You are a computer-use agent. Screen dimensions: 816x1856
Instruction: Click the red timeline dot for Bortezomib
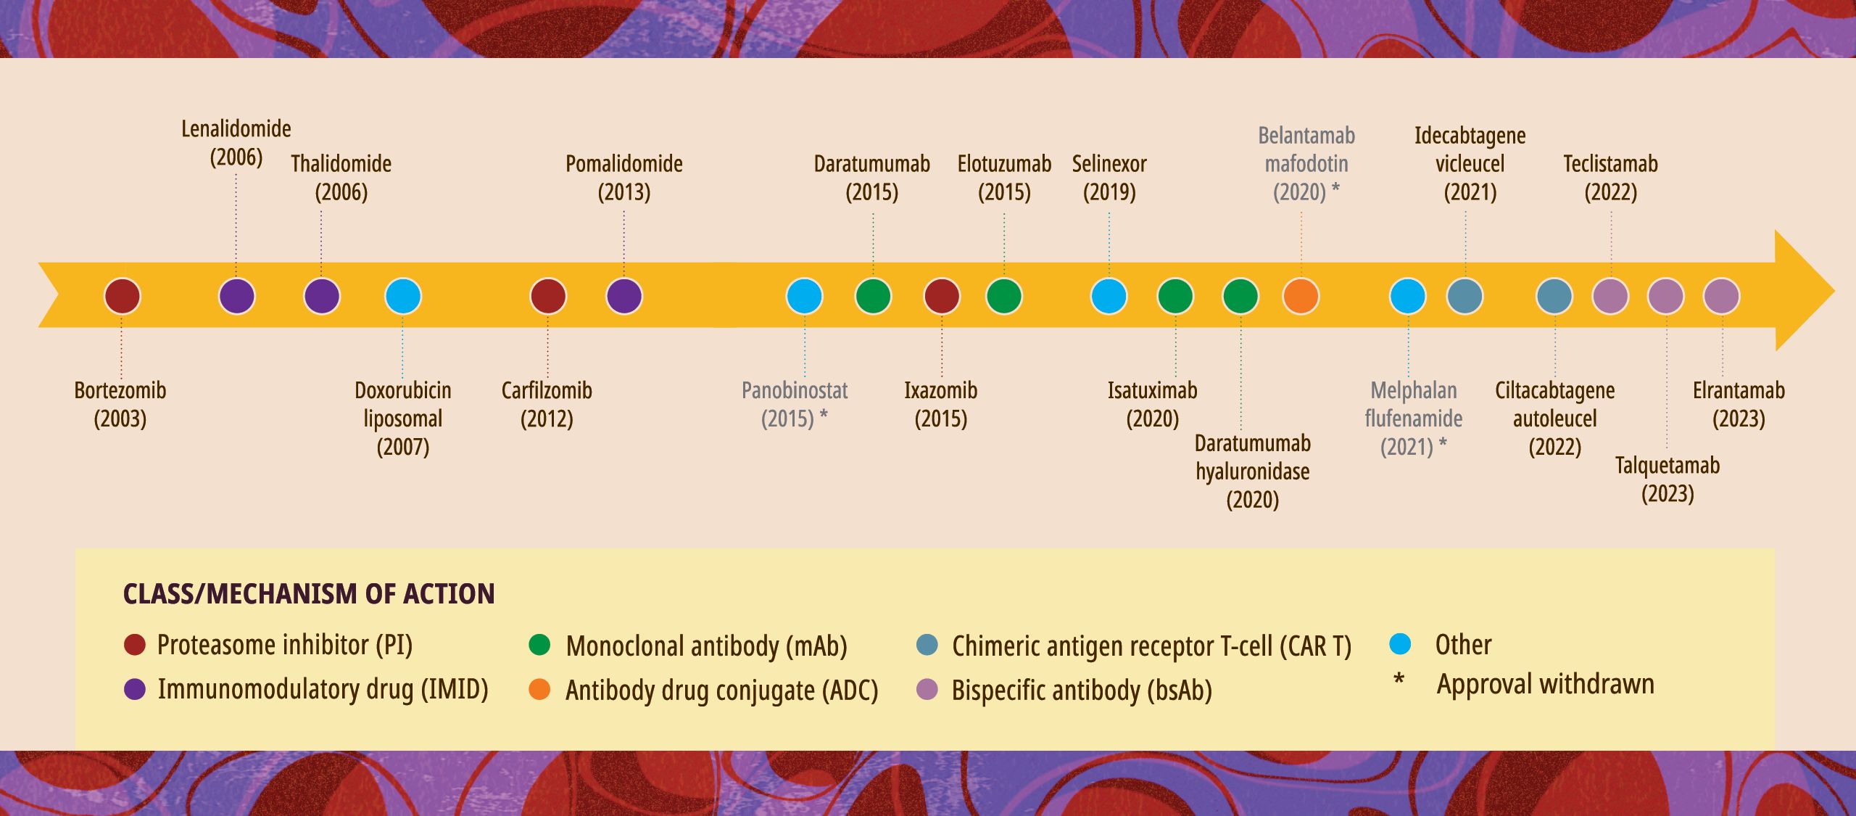point(122,296)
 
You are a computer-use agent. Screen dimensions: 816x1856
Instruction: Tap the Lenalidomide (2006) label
point(236,143)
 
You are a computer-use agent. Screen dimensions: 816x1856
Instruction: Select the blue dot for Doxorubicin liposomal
point(403,296)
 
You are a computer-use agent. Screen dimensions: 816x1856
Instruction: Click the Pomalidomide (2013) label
point(624,178)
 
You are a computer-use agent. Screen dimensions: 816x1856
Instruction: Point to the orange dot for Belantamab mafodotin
point(1301,296)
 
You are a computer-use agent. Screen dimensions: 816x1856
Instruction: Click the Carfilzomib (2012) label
point(547,404)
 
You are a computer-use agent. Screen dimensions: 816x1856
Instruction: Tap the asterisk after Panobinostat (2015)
point(824,416)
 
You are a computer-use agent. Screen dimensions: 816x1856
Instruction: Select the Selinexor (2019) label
point(1109,178)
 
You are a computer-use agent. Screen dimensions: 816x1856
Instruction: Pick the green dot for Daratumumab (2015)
point(873,296)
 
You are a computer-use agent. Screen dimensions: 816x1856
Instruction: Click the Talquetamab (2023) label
point(1667,479)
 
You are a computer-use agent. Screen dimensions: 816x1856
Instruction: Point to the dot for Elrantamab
point(1721,296)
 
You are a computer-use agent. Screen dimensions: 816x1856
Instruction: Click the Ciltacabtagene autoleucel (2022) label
point(1554,419)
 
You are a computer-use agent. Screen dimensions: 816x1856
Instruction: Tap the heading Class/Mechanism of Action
point(309,594)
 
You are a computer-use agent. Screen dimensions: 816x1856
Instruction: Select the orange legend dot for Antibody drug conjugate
point(539,689)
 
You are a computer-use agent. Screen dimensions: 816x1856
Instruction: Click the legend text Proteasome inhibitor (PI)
point(284,645)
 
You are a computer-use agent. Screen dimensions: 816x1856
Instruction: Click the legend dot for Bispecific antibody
point(927,689)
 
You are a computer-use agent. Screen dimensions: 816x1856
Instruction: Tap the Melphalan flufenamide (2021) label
point(1414,419)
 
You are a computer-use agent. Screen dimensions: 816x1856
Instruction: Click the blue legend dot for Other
point(1400,643)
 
